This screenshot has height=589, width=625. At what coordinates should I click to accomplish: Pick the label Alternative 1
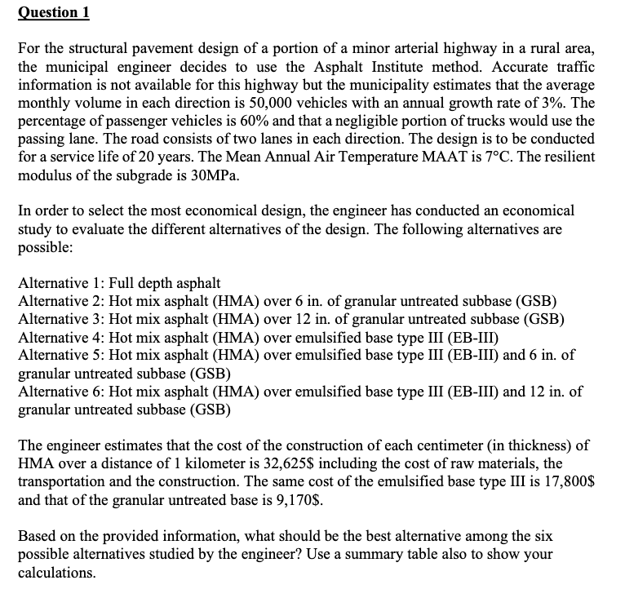[x=55, y=283]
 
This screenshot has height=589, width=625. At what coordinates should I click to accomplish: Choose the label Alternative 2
[x=55, y=301]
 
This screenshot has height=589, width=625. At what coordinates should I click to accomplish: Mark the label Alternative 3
[x=55, y=319]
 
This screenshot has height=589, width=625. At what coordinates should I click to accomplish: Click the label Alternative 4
[x=55, y=337]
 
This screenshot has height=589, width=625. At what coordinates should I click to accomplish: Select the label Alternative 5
[x=55, y=355]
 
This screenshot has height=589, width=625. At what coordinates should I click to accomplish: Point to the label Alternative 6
[x=55, y=392]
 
